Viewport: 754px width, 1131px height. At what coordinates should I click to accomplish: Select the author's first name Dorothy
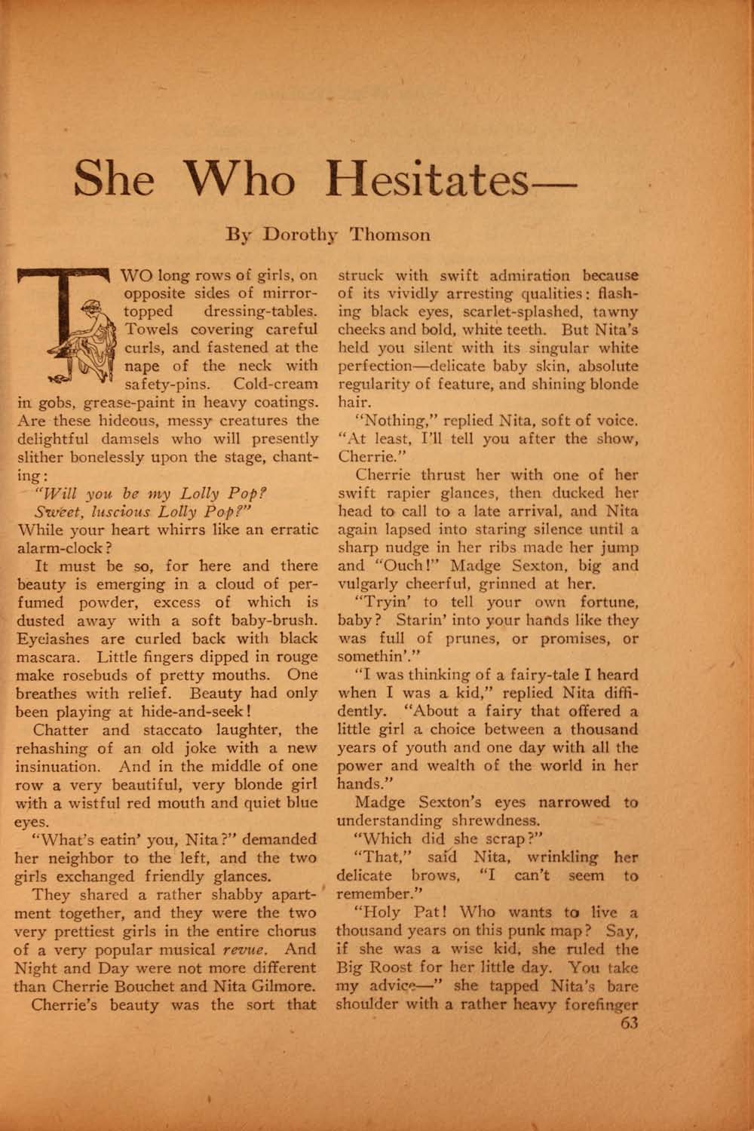click(x=300, y=234)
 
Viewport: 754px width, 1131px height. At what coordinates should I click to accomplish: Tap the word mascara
click(x=50, y=657)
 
